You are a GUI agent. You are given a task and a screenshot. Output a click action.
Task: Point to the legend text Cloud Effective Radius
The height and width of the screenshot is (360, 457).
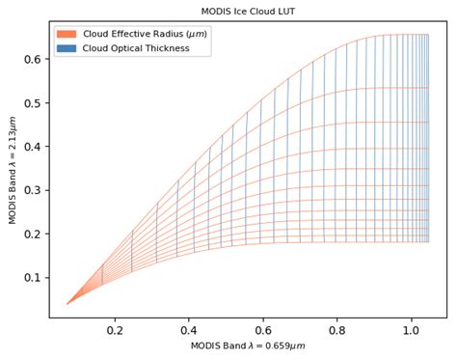[145, 34]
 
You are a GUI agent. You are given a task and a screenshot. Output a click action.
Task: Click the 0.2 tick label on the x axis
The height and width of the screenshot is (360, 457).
[115, 329]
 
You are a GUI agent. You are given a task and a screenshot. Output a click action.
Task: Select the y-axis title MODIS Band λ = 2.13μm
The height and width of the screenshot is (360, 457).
[13, 169]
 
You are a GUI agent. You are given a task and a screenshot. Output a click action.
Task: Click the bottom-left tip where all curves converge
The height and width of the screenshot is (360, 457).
[67, 304]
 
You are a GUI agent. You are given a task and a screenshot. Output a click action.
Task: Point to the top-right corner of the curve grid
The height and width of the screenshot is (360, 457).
[428, 35]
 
